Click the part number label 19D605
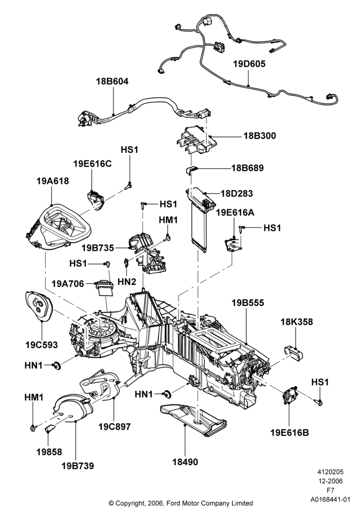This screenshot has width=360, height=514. (249, 64)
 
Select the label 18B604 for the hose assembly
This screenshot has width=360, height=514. (112, 81)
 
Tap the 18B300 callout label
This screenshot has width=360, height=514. (259, 135)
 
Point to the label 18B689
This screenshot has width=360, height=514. (247, 168)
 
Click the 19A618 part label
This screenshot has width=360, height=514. (53, 180)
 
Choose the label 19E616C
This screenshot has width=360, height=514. (92, 163)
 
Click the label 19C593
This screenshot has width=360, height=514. (41, 345)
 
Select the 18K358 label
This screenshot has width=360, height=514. (296, 322)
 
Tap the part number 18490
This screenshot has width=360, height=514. (185, 462)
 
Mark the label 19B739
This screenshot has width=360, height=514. (78, 466)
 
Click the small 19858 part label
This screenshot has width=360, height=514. (49, 452)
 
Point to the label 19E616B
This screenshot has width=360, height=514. (290, 433)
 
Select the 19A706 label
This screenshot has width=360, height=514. (67, 283)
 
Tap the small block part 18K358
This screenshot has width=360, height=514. (293, 353)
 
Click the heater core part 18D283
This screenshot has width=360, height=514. (201, 219)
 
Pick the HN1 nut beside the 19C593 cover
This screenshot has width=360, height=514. (57, 365)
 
